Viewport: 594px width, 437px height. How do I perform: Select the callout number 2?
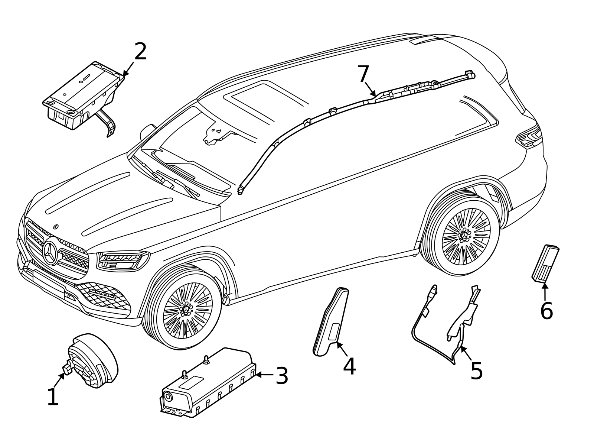(x=140, y=51)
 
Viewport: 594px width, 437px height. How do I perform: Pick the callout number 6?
(x=546, y=311)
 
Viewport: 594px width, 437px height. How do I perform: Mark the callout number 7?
(x=363, y=74)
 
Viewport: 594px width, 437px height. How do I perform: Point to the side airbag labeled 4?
(x=331, y=321)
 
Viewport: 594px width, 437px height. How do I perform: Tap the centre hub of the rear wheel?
(x=464, y=235)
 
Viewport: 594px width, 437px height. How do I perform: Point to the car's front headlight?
(x=123, y=260)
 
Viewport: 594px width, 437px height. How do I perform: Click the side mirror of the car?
(x=147, y=132)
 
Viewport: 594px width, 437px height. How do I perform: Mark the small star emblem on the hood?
(x=56, y=226)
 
